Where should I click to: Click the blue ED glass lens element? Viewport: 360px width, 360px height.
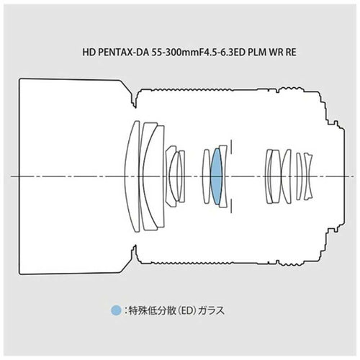point(216,176)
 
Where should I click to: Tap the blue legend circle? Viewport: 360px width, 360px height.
point(116,310)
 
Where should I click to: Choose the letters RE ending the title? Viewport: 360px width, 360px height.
point(291,53)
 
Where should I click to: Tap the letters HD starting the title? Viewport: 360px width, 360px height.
point(89,53)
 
